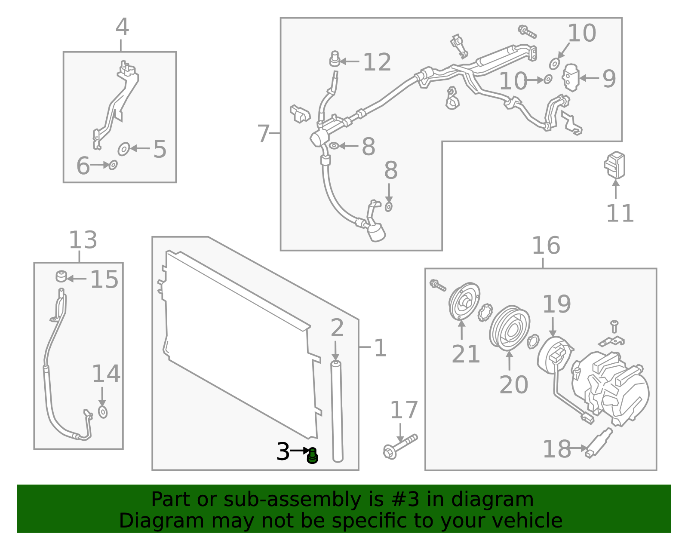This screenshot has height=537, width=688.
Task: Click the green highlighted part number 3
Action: [x=313, y=456]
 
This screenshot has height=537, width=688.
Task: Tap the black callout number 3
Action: [x=283, y=451]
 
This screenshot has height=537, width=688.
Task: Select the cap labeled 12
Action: [x=335, y=59]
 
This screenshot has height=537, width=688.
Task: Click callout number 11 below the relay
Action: [x=620, y=213]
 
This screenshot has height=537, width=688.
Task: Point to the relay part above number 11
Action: [x=615, y=165]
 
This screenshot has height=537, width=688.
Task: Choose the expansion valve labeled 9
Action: [x=571, y=77]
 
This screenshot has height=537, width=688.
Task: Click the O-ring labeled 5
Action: [x=124, y=149]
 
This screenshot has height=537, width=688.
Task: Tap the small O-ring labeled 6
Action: [x=113, y=165]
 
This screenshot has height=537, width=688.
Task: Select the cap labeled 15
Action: [x=61, y=276]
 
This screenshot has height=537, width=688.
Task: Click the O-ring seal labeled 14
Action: [x=103, y=412]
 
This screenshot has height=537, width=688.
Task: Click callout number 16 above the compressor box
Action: [x=546, y=246]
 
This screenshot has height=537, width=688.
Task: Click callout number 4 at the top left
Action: [x=122, y=27]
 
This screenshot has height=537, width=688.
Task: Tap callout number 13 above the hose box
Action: [x=83, y=240]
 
